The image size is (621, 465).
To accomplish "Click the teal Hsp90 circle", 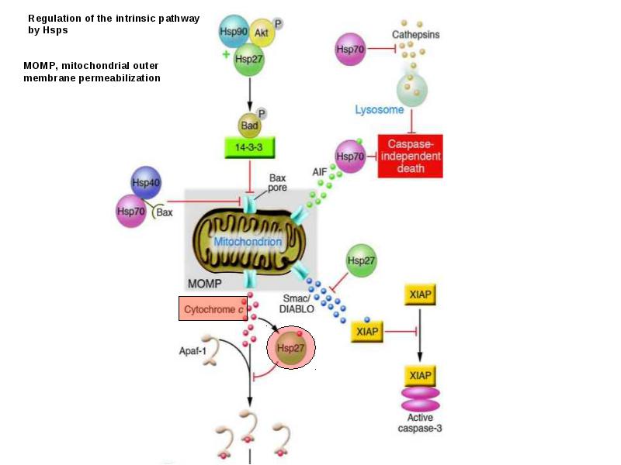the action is pyautogui.click(x=234, y=32).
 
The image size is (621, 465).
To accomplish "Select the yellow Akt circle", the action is pyautogui.click(x=262, y=33).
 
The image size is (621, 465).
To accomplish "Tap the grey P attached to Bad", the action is pyautogui.click(x=262, y=114).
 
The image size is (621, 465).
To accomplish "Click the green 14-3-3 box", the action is pyautogui.click(x=249, y=147).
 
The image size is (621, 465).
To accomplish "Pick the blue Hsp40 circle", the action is pyautogui.click(x=146, y=182).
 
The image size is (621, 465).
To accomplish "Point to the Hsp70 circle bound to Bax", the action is pyautogui.click(x=131, y=211).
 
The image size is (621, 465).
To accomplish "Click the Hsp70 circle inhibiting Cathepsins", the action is pyautogui.click(x=350, y=50).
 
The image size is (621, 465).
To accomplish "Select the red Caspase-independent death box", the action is pyautogui.click(x=411, y=157).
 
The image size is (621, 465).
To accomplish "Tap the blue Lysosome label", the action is pyautogui.click(x=380, y=109).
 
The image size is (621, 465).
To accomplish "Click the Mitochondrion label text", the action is pyautogui.click(x=248, y=242).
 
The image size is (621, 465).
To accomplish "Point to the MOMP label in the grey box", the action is pyautogui.click(x=204, y=284).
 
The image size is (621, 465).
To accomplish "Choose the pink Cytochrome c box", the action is pyautogui.click(x=213, y=308).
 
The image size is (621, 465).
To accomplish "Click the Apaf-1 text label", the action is pyautogui.click(x=193, y=351).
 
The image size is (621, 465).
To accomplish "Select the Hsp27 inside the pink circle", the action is pyautogui.click(x=290, y=348).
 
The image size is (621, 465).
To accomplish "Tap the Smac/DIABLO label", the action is pyautogui.click(x=297, y=304).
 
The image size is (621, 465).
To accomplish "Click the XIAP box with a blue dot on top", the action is pyautogui.click(x=367, y=332).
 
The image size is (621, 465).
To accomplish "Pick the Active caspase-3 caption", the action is pyautogui.click(x=420, y=422).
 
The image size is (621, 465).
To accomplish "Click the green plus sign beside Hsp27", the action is pyautogui.click(x=226, y=54).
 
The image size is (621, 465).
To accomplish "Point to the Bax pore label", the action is pyautogui.click(x=277, y=183).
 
